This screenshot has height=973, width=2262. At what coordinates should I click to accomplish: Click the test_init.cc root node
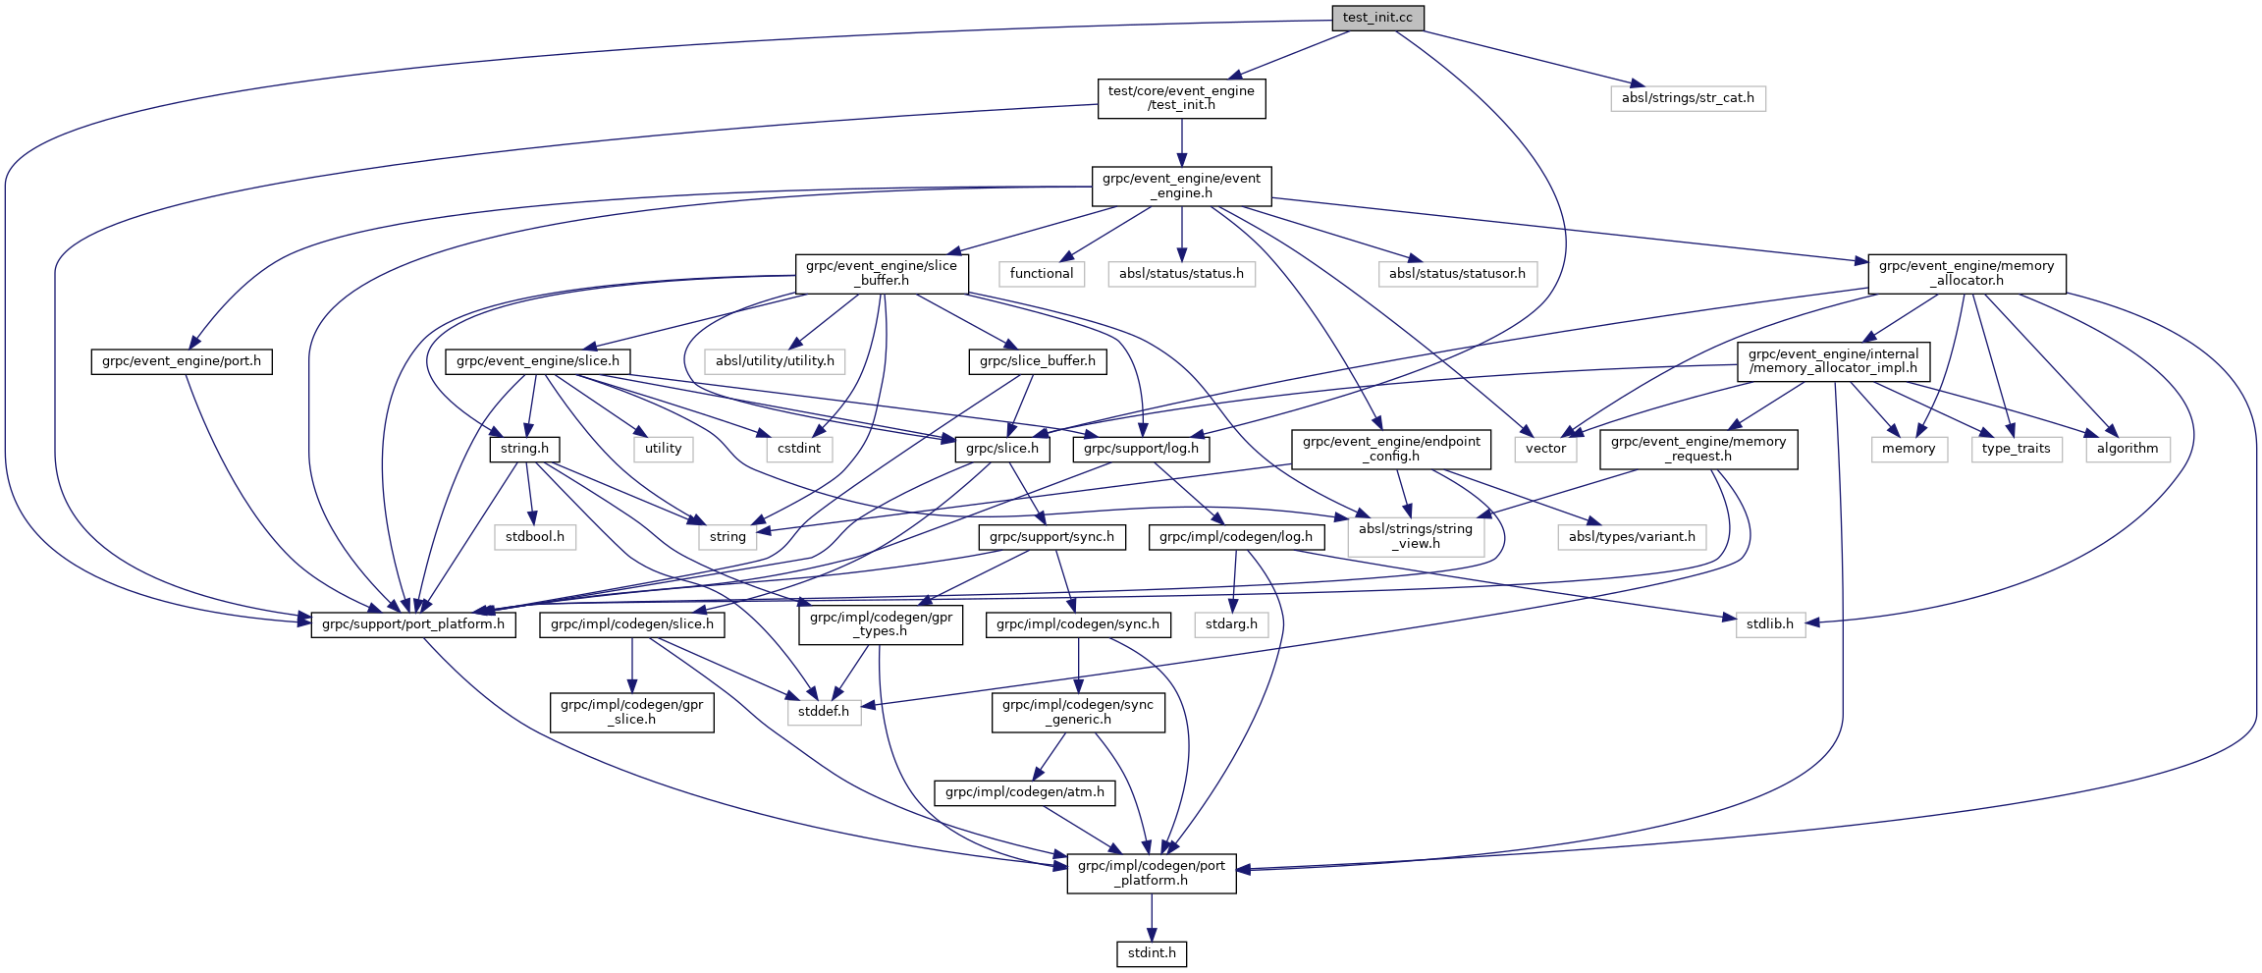(x=1377, y=18)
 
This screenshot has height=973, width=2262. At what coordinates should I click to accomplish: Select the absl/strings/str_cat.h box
(x=1688, y=98)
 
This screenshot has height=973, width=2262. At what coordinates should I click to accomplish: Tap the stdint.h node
(x=1152, y=953)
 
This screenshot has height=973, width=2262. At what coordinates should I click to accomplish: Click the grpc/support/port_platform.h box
(x=413, y=624)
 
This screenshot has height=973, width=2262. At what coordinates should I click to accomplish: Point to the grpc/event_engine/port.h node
(x=182, y=361)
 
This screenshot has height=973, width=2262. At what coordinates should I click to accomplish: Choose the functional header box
(x=1042, y=274)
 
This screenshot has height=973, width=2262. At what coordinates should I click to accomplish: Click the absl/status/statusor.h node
(x=1457, y=274)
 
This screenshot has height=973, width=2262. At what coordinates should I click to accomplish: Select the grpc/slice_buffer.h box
(x=1038, y=361)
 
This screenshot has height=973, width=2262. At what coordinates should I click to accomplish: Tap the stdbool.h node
(x=535, y=537)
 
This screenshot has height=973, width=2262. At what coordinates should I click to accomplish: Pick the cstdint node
(x=799, y=449)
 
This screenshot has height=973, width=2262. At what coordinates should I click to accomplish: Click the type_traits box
(x=2016, y=449)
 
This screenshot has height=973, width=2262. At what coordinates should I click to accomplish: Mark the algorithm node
(x=2127, y=449)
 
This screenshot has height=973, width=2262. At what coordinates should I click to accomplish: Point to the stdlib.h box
(x=1770, y=624)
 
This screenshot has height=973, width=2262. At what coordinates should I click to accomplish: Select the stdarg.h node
(x=1231, y=624)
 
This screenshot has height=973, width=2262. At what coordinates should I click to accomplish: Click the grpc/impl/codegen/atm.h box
(x=1025, y=792)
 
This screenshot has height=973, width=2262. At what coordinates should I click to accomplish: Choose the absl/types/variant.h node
(x=1632, y=537)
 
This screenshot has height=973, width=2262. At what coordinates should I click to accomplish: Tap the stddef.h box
(x=824, y=712)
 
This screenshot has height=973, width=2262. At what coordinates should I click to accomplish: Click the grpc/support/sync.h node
(x=1051, y=537)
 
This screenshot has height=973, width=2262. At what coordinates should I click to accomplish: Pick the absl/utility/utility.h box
(x=775, y=361)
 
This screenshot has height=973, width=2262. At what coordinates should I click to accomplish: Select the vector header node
(x=1545, y=449)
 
